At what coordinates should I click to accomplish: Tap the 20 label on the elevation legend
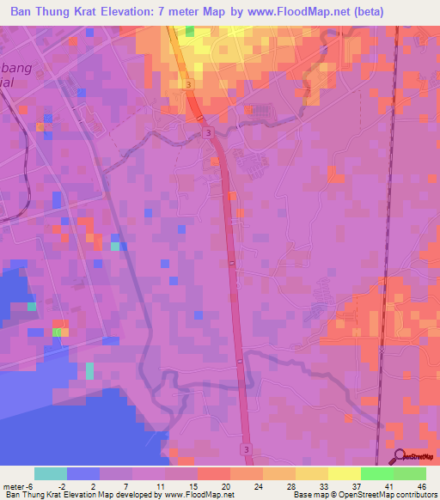coord(225,485)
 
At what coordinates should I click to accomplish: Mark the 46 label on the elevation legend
coord(421,485)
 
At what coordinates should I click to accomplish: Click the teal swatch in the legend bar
coord(51,473)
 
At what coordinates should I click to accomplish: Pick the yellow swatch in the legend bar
coord(345,473)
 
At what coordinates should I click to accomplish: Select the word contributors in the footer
coord(409,495)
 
